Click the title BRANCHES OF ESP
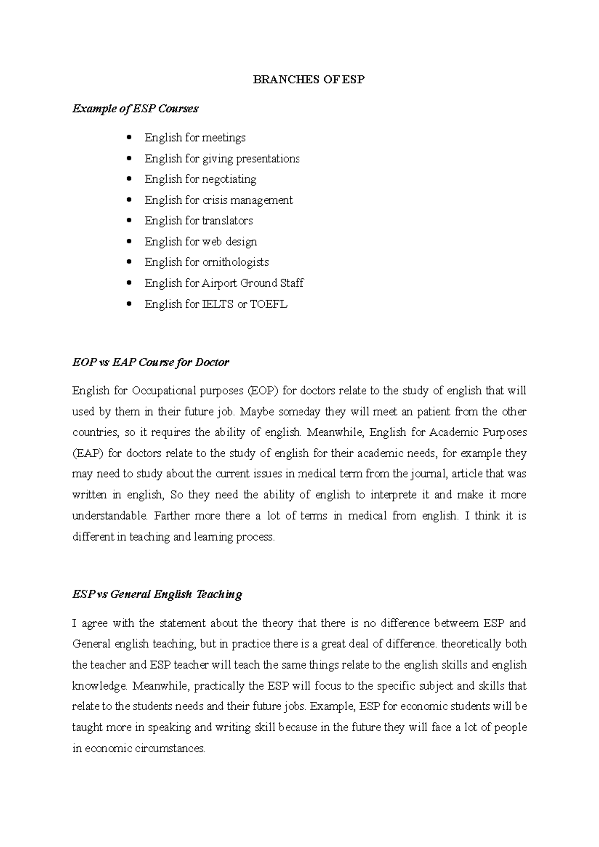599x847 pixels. point(308,79)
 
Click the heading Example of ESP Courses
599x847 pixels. point(135,108)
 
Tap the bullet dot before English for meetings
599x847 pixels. point(130,137)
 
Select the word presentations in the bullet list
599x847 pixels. point(268,159)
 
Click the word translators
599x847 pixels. point(227,221)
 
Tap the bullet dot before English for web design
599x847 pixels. point(130,242)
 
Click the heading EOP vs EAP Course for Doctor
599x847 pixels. point(150,362)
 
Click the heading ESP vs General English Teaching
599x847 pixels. point(157,594)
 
